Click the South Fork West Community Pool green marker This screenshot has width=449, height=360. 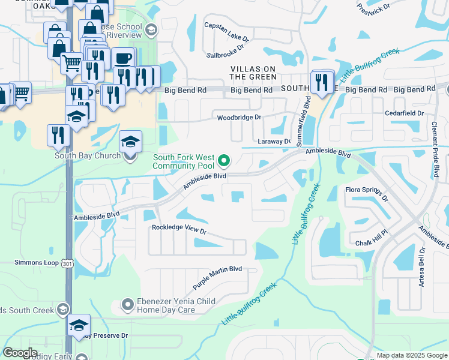coord(224,160)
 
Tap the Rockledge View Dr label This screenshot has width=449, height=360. coord(179,229)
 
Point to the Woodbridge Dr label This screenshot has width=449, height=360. coord(240,118)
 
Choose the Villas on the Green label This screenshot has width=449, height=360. coord(253,73)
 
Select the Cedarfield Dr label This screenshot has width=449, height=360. coord(405,113)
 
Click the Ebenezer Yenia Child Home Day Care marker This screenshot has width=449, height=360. coord(127,305)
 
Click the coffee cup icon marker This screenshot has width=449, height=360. coord(123,58)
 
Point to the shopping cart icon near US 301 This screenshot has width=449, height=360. coord(72,62)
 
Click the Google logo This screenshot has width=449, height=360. coord(20,353)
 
